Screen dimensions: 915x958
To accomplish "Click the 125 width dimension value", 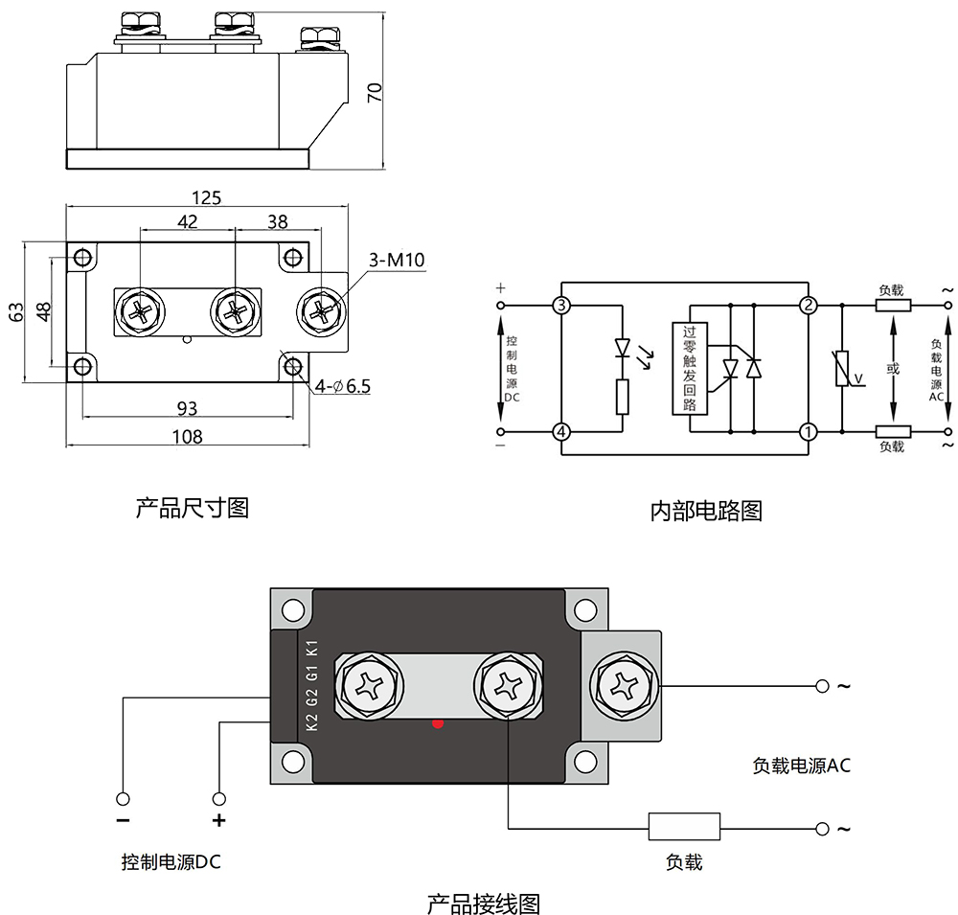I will tap(206, 198).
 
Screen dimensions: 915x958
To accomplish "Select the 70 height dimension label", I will tap(376, 92).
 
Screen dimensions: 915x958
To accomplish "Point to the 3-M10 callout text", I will tap(397, 261).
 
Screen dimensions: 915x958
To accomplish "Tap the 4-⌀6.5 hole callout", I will tap(343, 386).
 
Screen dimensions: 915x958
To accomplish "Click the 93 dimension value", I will tap(187, 408).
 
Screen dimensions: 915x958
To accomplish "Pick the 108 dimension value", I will tap(187, 437).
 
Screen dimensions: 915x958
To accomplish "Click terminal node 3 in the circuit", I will tap(561, 306).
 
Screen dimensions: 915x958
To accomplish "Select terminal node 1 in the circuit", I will tap(809, 432).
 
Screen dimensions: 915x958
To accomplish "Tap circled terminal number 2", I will tap(809, 306).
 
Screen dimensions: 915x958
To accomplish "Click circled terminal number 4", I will tap(561, 432).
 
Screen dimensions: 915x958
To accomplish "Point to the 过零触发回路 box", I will tap(689, 368).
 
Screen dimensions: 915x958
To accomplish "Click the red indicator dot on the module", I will tap(438, 723).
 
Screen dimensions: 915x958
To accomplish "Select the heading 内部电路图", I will tap(706, 511).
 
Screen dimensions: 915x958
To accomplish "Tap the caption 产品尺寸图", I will tap(193, 507).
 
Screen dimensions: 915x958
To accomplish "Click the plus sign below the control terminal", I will tap(219, 820).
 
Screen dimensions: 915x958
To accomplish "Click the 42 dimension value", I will tap(188, 221).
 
